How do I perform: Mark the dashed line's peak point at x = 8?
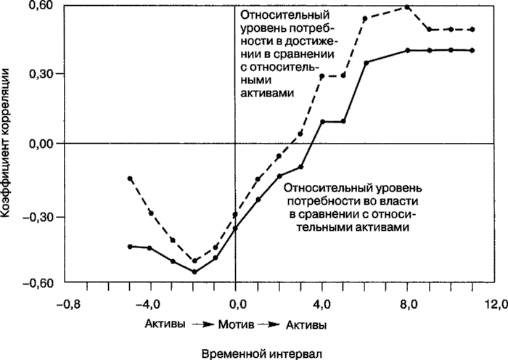[407, 7]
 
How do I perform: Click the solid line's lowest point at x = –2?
[194, 271]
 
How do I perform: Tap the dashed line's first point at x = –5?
[130, 178]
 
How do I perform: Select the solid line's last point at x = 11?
[472, 50]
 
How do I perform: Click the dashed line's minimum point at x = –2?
[194, 260]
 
